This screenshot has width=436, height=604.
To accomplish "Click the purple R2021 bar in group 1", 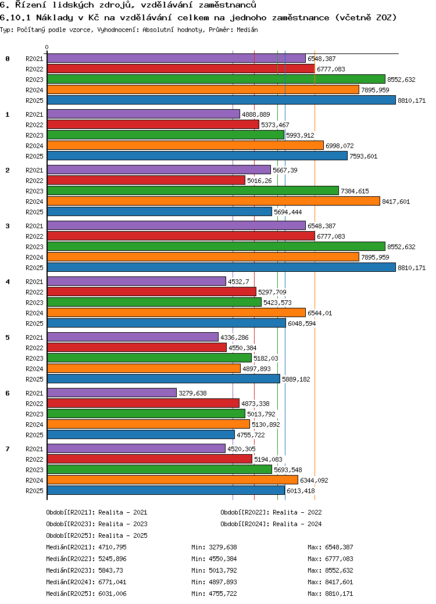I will [x=143, y=114].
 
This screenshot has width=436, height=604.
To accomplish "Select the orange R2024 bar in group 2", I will [x=213, y=201].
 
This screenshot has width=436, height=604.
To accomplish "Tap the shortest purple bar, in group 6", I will [x=111, y=393].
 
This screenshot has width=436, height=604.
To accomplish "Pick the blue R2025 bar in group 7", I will [x=166, y=491].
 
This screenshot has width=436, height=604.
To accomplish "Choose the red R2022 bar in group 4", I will [x=151, y=292].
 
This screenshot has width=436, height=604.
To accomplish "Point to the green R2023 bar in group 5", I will [x=149, y=358].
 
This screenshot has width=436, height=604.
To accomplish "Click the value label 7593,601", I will [x=364, y=156].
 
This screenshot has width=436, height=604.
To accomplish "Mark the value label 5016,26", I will [x=260, y=181].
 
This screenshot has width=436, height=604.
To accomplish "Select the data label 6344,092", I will [x=314, y=480].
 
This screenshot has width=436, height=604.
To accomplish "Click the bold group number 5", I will [x=8, y=337].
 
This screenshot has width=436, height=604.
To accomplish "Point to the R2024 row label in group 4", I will [x=34, y=313].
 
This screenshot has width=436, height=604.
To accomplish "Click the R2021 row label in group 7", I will [x=34, y=449].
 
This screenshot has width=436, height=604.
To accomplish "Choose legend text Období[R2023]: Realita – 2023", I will [x=97, y=524].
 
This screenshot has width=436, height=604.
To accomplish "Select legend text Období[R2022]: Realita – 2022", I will [x=271, y=512].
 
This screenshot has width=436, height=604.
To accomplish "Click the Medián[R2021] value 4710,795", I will [x=113, y=547].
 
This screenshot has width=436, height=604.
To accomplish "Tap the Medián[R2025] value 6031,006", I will [x=113, y=594].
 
